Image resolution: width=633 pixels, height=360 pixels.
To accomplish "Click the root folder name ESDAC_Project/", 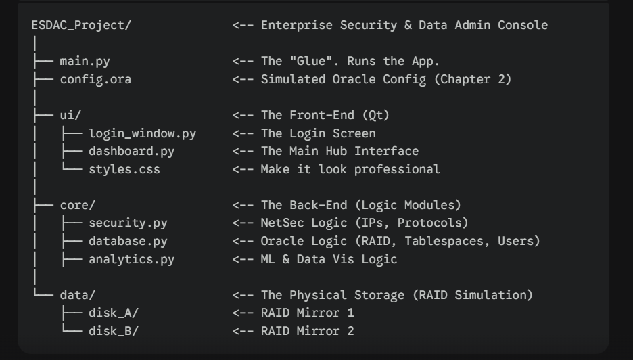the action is click(81, 25).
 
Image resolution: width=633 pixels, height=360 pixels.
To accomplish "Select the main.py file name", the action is click(85, 62).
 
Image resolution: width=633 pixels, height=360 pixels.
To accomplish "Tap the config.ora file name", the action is click(95, 79).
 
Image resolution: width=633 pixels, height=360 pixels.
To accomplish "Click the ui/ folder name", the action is click(70, 115).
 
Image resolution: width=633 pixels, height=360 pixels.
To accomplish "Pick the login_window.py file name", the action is click(143, 133).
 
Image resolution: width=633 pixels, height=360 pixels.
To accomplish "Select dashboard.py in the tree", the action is click(132, 151).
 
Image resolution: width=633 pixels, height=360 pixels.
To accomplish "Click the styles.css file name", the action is click(124, 169).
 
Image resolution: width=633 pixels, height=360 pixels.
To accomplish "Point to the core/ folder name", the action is click(78, 205).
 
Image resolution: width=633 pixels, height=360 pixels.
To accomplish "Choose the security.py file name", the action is click(128, 223).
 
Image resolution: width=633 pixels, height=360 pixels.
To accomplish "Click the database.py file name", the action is click(128, 241).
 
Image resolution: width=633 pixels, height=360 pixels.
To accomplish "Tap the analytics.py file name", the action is click(132, 259).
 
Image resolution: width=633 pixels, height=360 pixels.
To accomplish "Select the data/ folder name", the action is click(78, 295).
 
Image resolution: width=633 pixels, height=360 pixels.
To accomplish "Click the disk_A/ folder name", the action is click(114, 313).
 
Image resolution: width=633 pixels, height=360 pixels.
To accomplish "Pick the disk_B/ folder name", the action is click(114, 332).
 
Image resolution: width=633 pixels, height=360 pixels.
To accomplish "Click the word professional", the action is click(397, 169).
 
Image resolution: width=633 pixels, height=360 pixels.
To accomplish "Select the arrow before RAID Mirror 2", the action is click(243, 332).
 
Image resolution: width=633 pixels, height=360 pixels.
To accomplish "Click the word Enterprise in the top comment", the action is click(297, 25).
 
